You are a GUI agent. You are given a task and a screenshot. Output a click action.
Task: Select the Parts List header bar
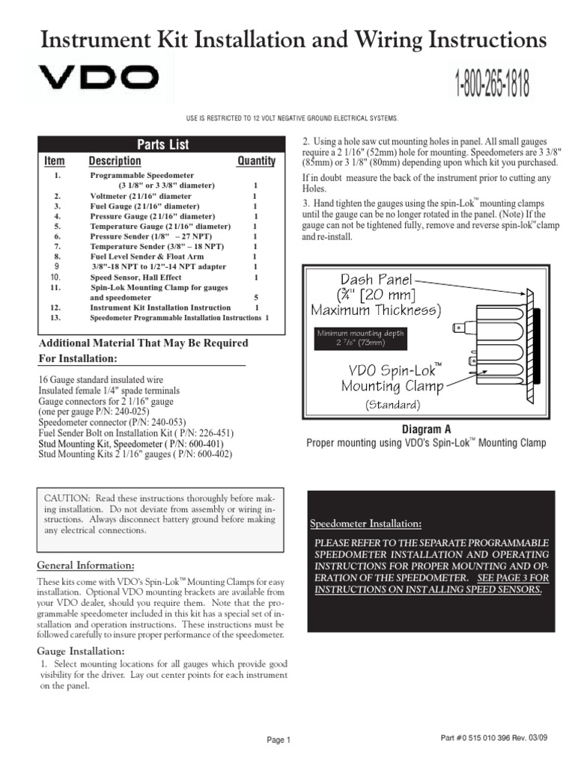point(162,144)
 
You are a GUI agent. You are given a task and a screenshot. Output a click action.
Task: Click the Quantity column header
point(256,161)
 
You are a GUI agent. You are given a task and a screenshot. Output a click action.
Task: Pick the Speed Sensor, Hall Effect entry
point(136,276)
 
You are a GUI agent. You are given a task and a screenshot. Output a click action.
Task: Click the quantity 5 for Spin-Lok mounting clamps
point(256,297)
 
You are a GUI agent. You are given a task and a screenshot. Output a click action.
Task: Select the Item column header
point(55,161)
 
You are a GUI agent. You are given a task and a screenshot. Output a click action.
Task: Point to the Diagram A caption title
point(427,429)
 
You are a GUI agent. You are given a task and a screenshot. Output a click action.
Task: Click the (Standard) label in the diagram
point(392,405)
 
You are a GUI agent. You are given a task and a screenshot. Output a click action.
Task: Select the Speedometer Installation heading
point(365,521)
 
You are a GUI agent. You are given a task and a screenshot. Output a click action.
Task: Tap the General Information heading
point(86,564)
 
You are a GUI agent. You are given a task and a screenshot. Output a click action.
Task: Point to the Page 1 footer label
point(279,740)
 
